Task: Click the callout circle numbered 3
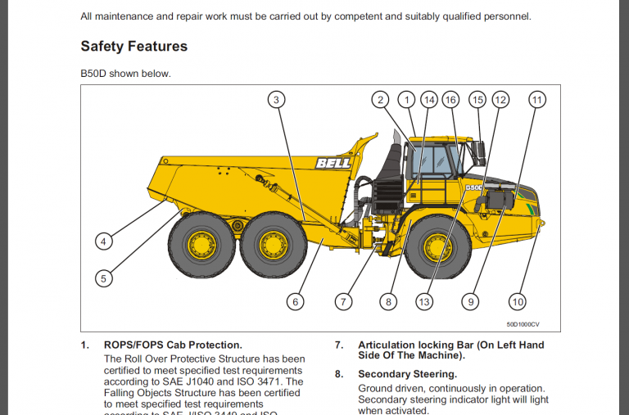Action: [x=277, y=100]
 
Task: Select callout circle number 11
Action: [x=536, y=100]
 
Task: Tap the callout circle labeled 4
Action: [x=103, y=241]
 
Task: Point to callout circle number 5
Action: [x=103, y=278]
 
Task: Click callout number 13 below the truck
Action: [x=423, y=302]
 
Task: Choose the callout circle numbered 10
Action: [x=517, y=302]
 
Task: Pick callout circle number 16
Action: [x=450, y=100]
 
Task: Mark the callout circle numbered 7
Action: [x=343, y=302]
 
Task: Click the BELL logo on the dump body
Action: [x=333, y=164]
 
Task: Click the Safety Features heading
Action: [x=133, y=47]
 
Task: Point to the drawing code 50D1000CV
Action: [x=523, y=324]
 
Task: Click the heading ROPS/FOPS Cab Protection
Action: [x=173, y=345]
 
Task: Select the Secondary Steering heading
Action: [x=407, y=374]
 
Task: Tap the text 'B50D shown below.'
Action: [x=125, y=74]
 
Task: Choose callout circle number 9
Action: [x=470, y=302]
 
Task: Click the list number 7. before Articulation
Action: [x=338, y=345]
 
